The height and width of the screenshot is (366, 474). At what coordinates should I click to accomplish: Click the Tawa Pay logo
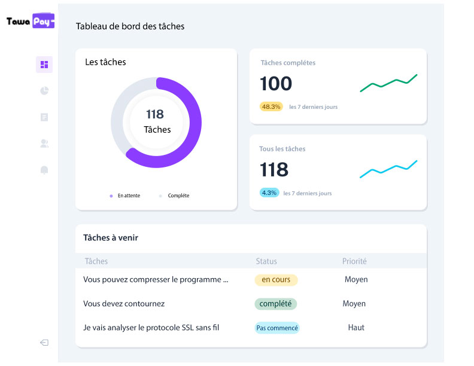30,21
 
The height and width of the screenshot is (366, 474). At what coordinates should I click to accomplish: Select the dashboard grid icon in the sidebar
44,65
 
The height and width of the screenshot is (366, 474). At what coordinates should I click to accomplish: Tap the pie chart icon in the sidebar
44,91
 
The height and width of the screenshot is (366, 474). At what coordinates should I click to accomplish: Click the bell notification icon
44,170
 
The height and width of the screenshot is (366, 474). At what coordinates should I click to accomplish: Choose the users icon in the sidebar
44,144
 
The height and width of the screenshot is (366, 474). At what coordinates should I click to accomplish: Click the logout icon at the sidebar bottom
44,343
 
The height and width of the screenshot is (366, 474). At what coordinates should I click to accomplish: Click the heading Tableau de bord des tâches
130,26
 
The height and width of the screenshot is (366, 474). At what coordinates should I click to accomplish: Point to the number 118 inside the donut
155,114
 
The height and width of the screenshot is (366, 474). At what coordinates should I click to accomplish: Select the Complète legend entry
178,196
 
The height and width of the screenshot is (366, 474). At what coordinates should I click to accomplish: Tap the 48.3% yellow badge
271,106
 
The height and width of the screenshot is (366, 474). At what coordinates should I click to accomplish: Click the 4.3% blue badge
269,193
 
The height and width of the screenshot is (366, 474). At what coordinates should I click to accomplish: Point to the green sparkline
388,83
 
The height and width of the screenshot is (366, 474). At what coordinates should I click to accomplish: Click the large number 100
276,84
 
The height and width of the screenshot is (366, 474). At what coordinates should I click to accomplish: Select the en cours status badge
276,279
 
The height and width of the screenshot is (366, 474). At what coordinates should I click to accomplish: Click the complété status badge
275,304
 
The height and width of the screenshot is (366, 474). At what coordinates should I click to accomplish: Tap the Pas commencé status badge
277,328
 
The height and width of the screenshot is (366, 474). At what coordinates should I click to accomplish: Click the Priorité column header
354,261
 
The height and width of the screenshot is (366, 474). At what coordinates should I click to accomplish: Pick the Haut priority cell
356,328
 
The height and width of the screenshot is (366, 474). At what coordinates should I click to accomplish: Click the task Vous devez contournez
124,304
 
